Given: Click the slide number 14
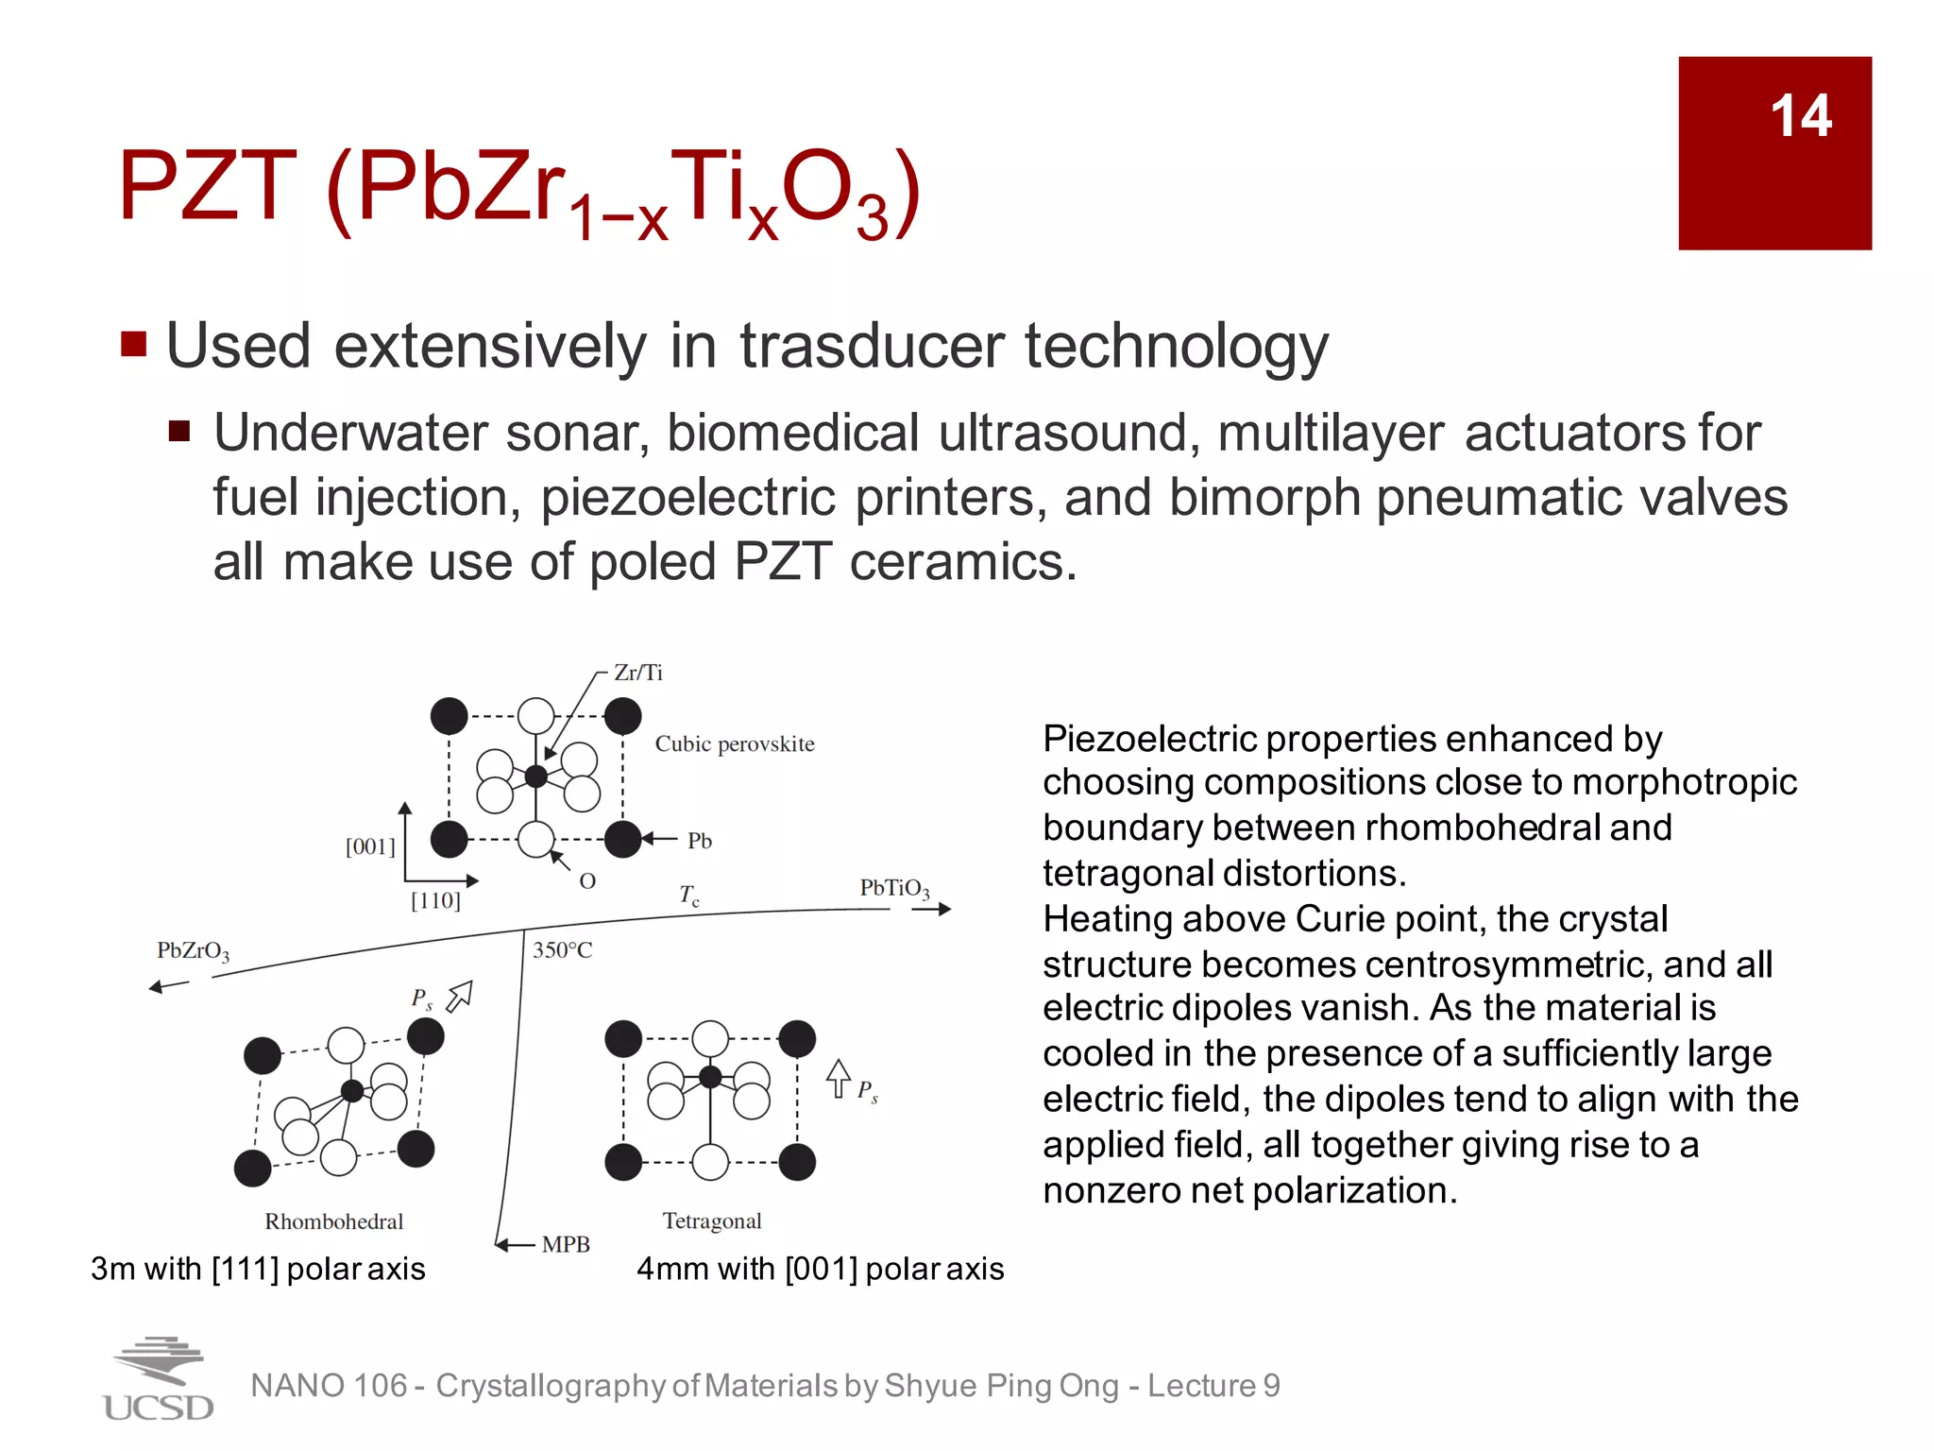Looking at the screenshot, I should point(1800,116).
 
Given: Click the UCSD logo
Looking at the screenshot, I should point(158,1379).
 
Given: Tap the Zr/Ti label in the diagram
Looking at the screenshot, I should point(638,673).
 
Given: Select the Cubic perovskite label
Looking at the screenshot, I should point(734,744).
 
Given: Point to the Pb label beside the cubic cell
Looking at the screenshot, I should point(699,841).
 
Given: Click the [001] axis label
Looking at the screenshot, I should point(370,846).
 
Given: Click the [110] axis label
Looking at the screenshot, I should point(435,901).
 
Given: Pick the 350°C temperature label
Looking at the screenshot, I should point(563,950).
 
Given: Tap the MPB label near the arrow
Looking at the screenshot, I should point(566,1244).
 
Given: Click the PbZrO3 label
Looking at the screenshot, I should point(193,951).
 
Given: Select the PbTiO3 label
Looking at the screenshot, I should point(894,889).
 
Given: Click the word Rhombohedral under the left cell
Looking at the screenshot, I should point(333,1221).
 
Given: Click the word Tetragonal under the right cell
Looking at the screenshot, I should point(711,1221).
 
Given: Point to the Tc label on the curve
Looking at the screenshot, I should point(689,895).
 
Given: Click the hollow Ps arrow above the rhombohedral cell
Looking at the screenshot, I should point(459,996).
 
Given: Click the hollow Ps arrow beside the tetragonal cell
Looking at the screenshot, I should point(838,1078).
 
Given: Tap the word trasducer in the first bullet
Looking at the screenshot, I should point(873,346).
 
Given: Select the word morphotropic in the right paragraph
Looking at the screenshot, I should point(1684,782).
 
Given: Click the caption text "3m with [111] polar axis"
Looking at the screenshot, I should point(258,1269).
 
